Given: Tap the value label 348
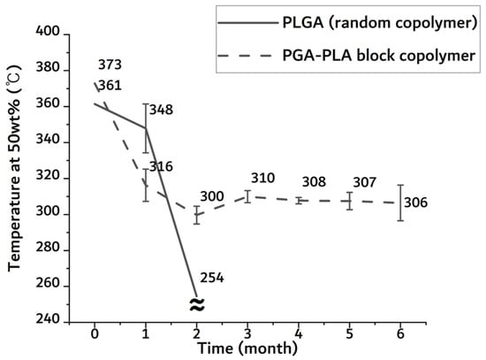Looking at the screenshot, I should pyautogui.click(x=161, y=111).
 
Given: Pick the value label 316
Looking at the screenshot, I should pyautogui.click(x=161, y=166).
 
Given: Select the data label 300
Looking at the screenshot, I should pyautogui.click(x=211, y=196).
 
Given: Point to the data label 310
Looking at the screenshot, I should pyautogui.click(x=262, y=179).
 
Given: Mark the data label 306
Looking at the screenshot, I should pyautogui.click(x=415, y=203).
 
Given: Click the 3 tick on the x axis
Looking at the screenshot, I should pyautogui.click(x=247, y=336).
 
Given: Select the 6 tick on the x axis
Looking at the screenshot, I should pyautogui.click(x=401, y=336).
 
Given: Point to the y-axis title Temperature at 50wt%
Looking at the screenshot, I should pyautogui.click(x=15, y=177).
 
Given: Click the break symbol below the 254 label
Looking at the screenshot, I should pyautogui.click(x=197, y=304).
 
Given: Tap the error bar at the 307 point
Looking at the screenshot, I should pyautogui.click(x=350, y=201).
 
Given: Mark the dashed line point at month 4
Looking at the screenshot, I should pyautogui.click(x=299, y=201).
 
